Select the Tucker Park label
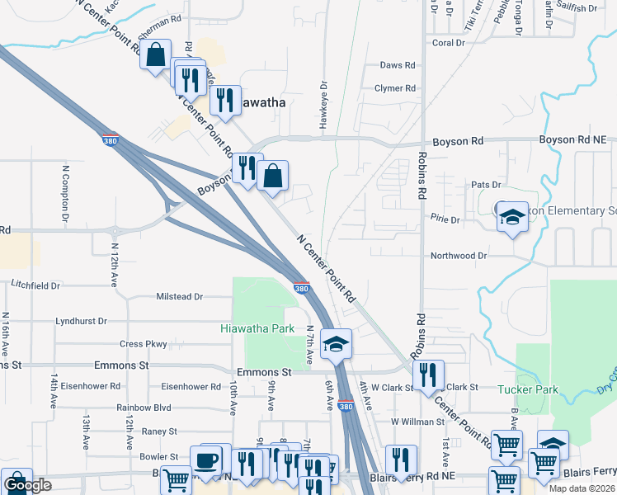[x=529, y=389]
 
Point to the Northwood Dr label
[x=459, y=256]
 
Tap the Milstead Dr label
[x=180, y=296]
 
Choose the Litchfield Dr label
[x=35, y=285]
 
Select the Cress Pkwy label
[x=144, y=344]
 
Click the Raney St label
[x=159, y=431]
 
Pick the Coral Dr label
[x=449, y=43]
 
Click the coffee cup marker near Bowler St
[x=206, y=458]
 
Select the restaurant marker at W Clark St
[x=428, y=374]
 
